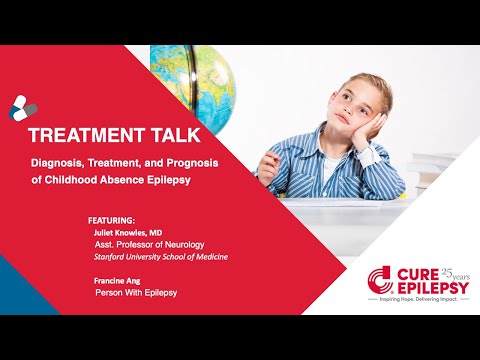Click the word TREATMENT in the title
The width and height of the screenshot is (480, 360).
[x=80, y=134]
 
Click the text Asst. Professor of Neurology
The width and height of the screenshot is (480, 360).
[x=149, y=242]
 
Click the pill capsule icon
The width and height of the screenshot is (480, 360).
[x=22, y=106]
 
